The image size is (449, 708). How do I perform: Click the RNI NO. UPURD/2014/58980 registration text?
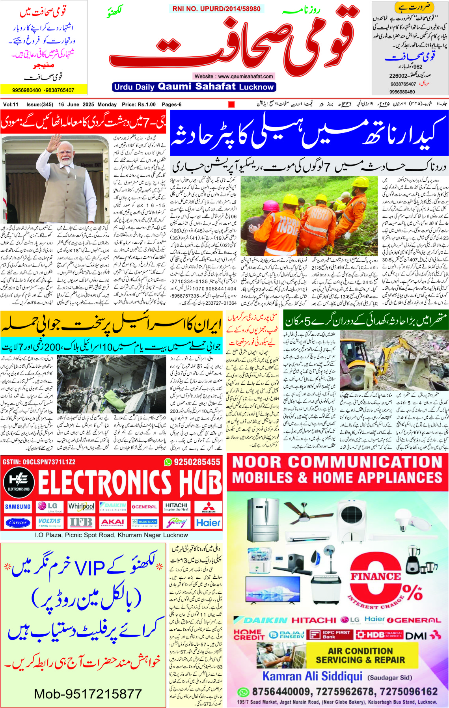[216, 9]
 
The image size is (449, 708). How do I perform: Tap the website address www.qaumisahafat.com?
[234, 76]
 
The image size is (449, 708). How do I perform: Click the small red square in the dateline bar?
[231, 104]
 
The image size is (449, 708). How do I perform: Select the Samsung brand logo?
[18, 507]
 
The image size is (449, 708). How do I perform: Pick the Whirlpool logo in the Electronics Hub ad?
[81, 507]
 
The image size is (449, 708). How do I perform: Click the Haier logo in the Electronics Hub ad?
[208, 523]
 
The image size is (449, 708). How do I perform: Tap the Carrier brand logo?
[18, 523]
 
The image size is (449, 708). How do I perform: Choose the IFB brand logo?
[81, 523]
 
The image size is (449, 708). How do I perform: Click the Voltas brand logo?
[49, 523]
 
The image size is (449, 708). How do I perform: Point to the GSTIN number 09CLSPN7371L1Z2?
[39, 462]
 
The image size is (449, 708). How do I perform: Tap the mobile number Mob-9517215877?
[88, 693]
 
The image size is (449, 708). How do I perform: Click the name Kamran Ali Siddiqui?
[312, 676]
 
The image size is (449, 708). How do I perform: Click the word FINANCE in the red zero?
[375, 576]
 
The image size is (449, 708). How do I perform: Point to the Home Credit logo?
[249, 634]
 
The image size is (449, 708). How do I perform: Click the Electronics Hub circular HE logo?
[19, 482]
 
